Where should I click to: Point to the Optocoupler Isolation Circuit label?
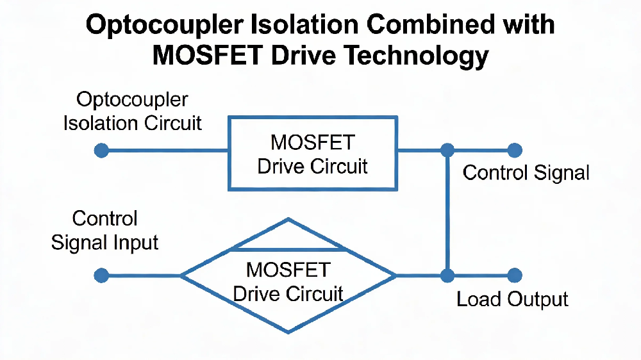tap(132, 111)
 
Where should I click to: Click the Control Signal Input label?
tap(104, 230)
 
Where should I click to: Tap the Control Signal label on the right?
tap(526, 172)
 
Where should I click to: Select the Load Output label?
tap(512, 299)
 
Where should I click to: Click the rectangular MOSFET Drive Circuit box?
tap(313, 153)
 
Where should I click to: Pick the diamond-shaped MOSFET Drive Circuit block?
tap(288, 282)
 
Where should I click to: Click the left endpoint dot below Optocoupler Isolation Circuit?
tap(101, 151)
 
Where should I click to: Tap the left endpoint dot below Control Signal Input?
tap(101, 276)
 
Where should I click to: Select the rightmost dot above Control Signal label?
tap(515, 151)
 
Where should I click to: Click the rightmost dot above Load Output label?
tap(515, 276)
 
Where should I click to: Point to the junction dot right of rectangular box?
tap(447, 151)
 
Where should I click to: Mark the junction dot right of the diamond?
tap(447, 276)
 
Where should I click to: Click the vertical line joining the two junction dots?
tap(447, 213)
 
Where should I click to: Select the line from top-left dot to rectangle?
tap(165, 151)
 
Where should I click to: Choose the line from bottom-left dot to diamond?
tap(141, 276)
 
